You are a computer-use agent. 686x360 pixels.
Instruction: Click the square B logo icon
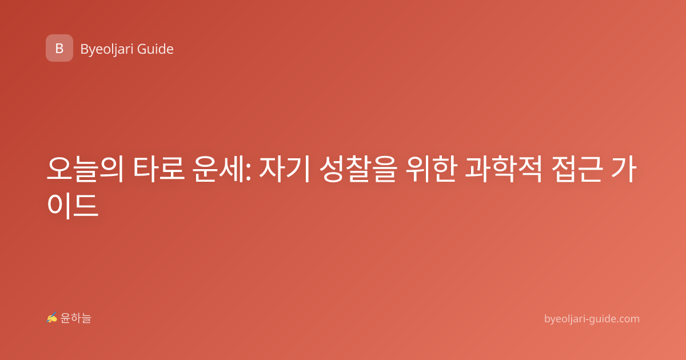click(59, 48)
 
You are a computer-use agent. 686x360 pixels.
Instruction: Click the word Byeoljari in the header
click(106, 50)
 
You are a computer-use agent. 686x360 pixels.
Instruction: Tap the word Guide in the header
click(155, 49)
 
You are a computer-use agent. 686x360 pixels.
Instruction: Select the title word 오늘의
click(85, 169)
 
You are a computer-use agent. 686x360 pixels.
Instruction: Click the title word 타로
click(159, 169)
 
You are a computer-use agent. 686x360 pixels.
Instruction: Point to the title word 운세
click(218, 169)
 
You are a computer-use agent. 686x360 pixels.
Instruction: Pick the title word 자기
click(285, 169)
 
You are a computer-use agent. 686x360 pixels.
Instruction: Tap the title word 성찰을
click(358, 169)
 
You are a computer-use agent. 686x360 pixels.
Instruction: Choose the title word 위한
click(432, 169)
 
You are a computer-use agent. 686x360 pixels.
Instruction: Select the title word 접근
click(577, 169)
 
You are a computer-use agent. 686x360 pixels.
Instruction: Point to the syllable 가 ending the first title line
click(624, 169)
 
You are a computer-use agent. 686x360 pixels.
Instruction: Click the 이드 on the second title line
click(73, 205)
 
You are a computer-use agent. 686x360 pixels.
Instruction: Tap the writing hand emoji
click(52, 318)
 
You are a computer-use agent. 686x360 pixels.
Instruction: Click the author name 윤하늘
click(76, 318)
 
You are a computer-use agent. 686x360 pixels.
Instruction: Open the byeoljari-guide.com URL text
click(592, 319)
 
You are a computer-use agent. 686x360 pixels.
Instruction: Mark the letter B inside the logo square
click(59, 49)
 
